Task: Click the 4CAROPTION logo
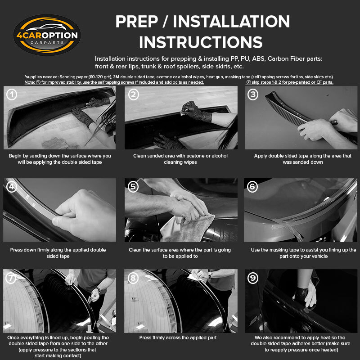[47, 35]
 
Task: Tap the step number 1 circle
[12, 94]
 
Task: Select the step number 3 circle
[253, 94]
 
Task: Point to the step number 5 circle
[133, 187]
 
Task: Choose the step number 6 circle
[252, 187]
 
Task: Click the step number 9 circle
[253, 278]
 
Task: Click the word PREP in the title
[137, 22]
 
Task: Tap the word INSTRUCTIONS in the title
[201, 42]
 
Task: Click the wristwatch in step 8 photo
[210, 275]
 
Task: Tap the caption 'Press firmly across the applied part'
[178, 338]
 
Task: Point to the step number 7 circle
[11, 278]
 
